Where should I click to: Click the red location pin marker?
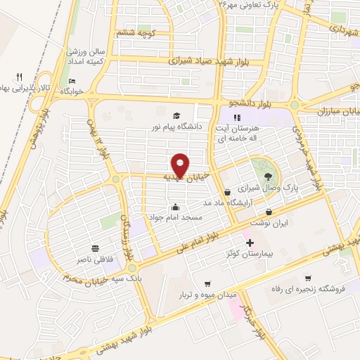tap(181, 165)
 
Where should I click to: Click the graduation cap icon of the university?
tap(175, 116)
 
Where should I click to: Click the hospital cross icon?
tap(250, 242)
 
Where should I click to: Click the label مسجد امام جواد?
tap(175, 218)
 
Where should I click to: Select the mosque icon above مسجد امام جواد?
tap(175, 207)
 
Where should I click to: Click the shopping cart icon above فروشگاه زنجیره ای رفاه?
tap(307, 277)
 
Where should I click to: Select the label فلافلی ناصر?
tap(96, 259)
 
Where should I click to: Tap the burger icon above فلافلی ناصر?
tap(96, 248)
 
